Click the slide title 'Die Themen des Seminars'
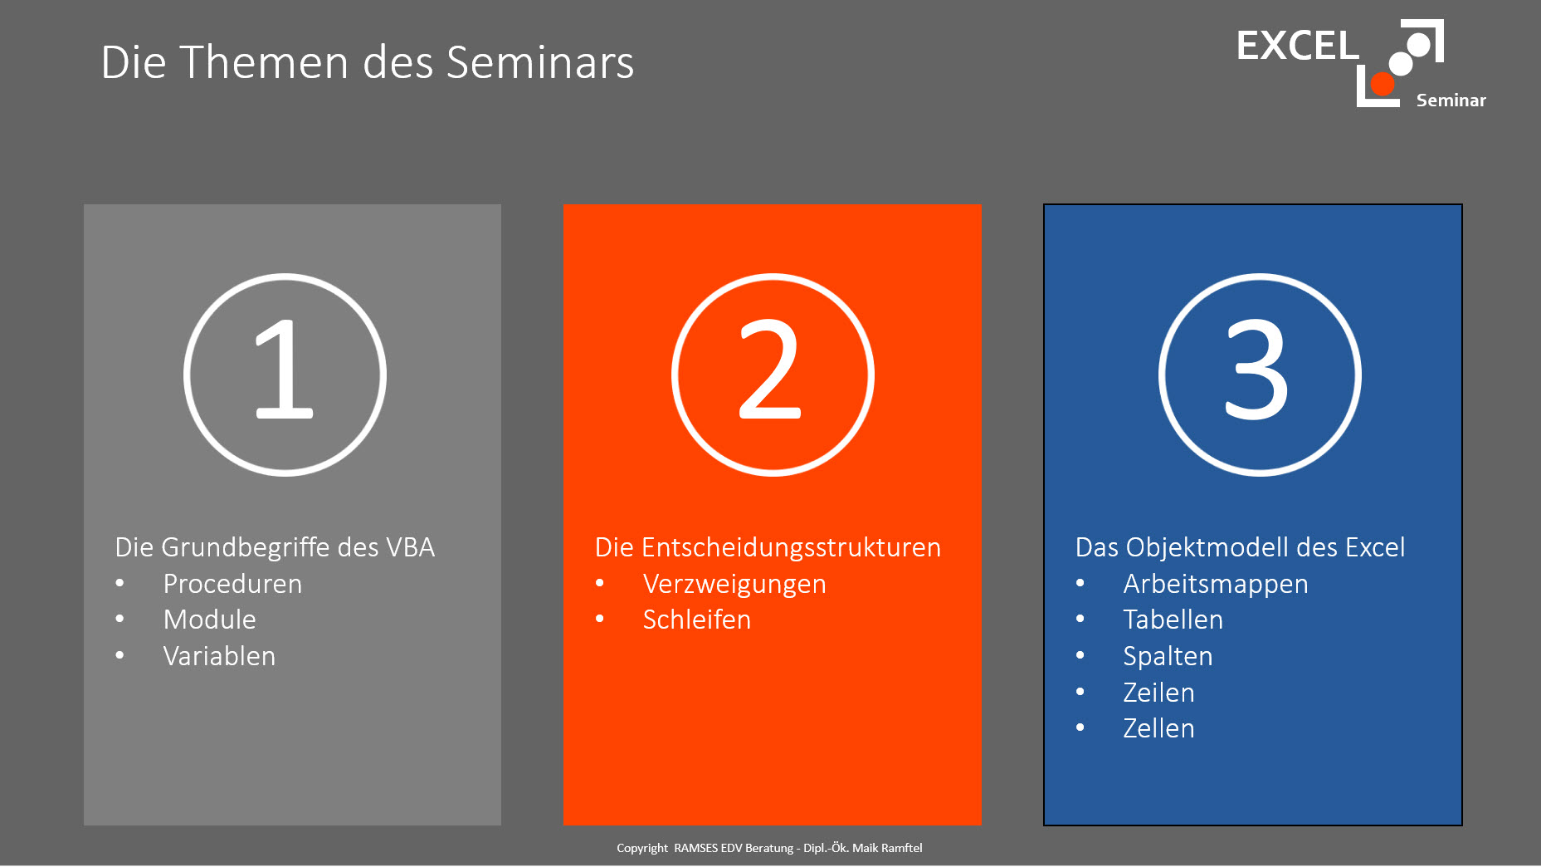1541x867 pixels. [367, 62]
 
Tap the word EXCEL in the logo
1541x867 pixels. [1297, 46]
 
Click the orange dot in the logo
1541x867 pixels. [1383, 83]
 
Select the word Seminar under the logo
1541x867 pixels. [1451, 100]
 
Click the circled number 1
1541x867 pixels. [285, 375]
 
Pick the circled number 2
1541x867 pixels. [773, 375]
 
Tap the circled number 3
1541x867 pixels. [1260, 375]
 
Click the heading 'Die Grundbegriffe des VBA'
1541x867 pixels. [275, 547]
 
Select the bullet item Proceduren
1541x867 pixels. [232, 584]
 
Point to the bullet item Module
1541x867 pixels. [210, 620]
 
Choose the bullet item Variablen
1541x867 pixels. [219, 656]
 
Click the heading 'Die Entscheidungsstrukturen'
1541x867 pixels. [768, 548]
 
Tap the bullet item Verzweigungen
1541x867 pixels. [734, 585]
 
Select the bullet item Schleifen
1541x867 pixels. [697, 620]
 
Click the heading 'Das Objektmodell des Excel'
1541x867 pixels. [1240, 548]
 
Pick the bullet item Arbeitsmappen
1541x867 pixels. [1216, 585]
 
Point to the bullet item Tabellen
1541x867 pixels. [1173, 620]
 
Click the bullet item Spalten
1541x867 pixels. [1168, 657]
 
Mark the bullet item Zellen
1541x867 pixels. [1158, 728]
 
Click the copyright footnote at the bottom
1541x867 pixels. [769, 848]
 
